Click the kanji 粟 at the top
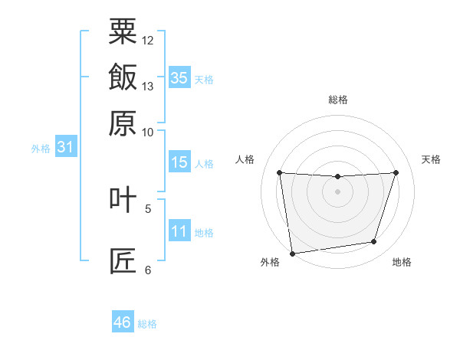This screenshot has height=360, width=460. click(123, 31)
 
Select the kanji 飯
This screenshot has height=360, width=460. click(123, 77)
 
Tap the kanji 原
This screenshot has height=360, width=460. click(123, 123)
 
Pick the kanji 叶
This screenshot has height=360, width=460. click(123, 199)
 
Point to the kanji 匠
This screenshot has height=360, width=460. click(123, 261)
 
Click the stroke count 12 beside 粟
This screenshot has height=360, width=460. click(147, 41)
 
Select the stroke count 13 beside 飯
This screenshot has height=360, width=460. click(147, 87)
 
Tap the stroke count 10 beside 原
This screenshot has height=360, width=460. click(147, 133)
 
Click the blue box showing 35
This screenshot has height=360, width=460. click(179, 77)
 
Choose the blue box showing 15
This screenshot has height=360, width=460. click(179, 162)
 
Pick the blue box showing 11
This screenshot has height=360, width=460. click(179, 230)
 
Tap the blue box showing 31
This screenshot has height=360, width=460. click(66, 146)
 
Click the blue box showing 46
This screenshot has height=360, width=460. click(123, 321)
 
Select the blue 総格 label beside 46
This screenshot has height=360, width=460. click(147, 324)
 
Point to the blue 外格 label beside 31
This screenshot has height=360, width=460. click(41, 149)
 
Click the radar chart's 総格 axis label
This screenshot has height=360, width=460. click(338, 100)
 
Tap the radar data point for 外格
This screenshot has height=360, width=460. click(293, 254)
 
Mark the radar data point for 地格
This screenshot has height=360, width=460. click(374, 241)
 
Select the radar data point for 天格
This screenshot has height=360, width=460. click(396, 172)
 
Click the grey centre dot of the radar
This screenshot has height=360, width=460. click(337, 191)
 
